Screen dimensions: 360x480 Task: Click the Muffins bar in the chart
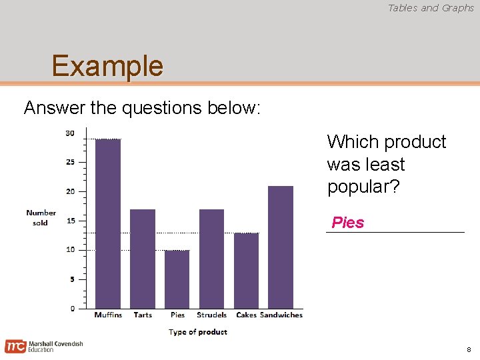pos(108,223)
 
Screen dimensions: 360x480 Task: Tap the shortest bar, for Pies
pos(177,279)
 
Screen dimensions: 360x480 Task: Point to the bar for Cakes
pos(246,270)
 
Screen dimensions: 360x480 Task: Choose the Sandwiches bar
pos(281,247)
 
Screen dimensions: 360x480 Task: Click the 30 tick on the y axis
pos(69,133)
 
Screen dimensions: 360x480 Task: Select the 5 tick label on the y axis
pos(71,279)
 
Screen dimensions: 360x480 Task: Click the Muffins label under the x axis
pos(108,315)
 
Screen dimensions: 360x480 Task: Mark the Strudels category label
pos(211,315)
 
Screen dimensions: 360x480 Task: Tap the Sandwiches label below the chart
pos(281,315)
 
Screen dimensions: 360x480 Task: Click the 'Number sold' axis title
pos(41,218)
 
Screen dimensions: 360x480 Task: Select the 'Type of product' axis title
pos(198,332)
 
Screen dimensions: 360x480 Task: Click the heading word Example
pos(107,66)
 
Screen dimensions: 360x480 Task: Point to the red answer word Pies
pos(348,223)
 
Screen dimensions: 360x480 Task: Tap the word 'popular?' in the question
pos(363,187)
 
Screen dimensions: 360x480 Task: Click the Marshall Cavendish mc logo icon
pos(15,346)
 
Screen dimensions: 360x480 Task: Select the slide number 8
pos(469,349)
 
